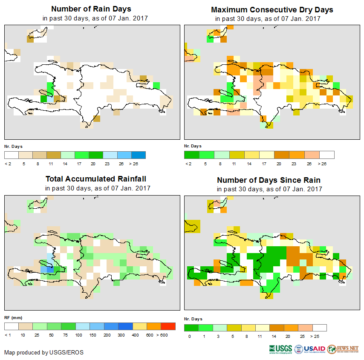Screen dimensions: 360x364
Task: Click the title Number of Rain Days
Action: (91, 9)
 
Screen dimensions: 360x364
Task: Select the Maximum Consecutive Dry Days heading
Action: (272, 9)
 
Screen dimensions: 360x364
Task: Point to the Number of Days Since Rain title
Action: (269, 180)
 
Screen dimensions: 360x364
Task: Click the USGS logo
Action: (280, 349)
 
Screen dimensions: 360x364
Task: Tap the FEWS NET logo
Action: (343, 349)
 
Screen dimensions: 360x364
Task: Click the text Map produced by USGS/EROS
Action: (44, 352)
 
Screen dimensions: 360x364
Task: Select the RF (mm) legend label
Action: (13, 317)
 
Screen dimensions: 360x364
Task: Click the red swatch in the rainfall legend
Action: (168, 326)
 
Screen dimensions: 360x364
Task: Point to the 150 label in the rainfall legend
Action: (93, 335)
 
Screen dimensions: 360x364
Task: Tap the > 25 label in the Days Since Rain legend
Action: (320, 337)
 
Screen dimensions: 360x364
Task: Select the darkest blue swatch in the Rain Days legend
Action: (139, 155)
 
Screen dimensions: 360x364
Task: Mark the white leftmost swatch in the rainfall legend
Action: (12, 326)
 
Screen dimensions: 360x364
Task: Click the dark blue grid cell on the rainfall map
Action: (50, 269)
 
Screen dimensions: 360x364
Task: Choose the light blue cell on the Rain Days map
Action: (50, 98)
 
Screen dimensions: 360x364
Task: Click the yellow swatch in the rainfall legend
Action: (139, 326)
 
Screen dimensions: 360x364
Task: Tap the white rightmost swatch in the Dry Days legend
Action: (327, 155)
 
